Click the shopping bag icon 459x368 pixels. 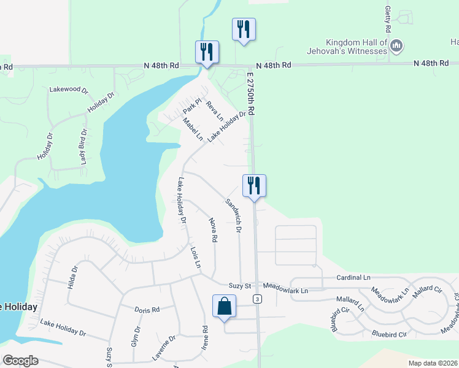(224, 307)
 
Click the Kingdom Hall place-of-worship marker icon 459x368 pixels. (396, 45)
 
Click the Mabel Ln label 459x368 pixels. (193, 129)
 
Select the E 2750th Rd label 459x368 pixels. (251, 93)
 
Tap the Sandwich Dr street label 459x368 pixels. (233, 215)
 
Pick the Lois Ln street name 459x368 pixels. (196, 258)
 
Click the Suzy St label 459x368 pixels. (240, 286)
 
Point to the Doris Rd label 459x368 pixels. (147, 310)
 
